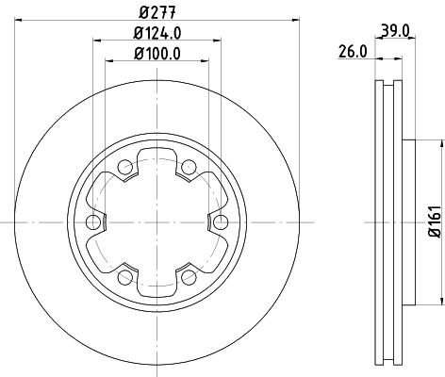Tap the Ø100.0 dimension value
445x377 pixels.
point(157,54)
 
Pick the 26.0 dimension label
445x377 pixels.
point(352,54)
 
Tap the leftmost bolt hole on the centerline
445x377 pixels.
point(92,222)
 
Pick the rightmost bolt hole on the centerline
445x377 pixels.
point(222,222)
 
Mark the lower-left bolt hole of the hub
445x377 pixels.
point(124,277)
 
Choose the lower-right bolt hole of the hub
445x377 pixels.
point(189,277)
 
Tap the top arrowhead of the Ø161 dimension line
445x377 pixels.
point(440,143)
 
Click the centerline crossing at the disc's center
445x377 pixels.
point(157,222)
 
